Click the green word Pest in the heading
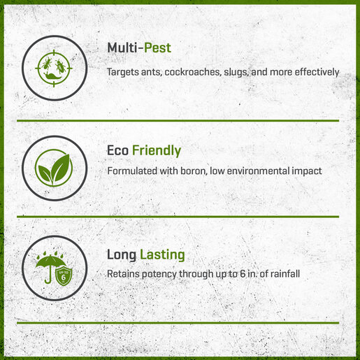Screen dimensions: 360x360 pyautogui.click(x=157, y=48)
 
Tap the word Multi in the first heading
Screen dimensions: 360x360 pyautogui.click(x=122, y=48)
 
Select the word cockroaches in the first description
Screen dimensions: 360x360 pyautogui.click(x=192, y=72)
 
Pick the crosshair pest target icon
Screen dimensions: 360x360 pyautogui.click(x=54, y=69)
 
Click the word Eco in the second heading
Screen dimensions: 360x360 pyautogui.click(x=118, y=150)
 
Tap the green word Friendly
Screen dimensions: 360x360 pyautogui.click(x=157, y=150)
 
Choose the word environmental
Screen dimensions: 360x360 pyautogui.click(x=258, y=171)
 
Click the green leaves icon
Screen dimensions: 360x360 pyautogui.click(x=54, y=168)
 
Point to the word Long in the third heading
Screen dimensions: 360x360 pyautogui.click(x=122, y=254)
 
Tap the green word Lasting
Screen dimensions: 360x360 pyautogui.click(x=162, y=254)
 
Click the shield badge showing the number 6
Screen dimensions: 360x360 pyautogui.click(x=64, y=277)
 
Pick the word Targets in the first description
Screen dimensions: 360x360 pyautogui.click(x=123, y=72)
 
